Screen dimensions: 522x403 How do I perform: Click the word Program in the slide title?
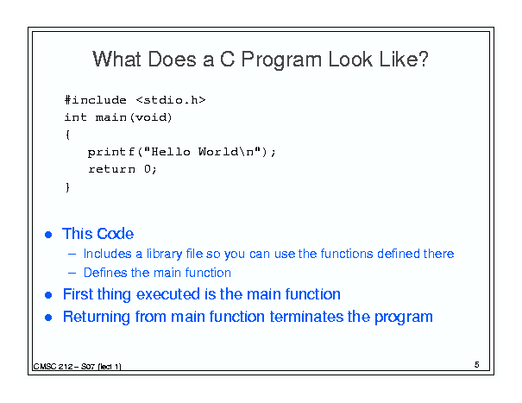coord(281,60)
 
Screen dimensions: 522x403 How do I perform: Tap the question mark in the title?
coord(423,59)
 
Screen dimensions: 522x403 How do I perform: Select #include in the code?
coord(96,100)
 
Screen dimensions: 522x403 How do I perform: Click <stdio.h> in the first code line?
coord(171,100)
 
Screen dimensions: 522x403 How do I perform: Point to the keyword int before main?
coord(76,117)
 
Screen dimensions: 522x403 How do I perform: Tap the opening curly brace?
coord(67,135)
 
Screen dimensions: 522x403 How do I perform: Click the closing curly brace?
coord(67,187)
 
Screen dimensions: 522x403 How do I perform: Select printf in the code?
coord(110,152)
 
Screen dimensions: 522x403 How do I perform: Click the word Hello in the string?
coord(171,152)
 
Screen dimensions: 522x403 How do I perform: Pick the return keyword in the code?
coord(111,169)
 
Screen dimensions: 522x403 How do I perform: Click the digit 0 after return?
coord(148,169)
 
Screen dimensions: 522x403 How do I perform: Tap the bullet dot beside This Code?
coord(48,235)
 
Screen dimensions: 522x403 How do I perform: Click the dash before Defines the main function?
coord(72,273)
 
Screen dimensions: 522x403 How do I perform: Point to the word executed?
coord(168,294)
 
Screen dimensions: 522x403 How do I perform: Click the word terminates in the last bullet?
coord(306,317)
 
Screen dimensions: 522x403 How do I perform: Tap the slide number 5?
coord(477,365)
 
